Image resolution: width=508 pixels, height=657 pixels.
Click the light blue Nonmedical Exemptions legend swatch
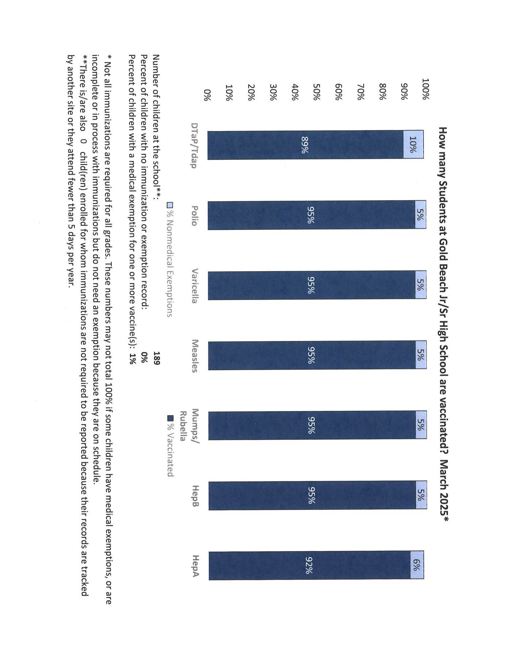[x=169, y=205]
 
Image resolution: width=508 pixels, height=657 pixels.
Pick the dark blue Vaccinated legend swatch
[x=169, y=418]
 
